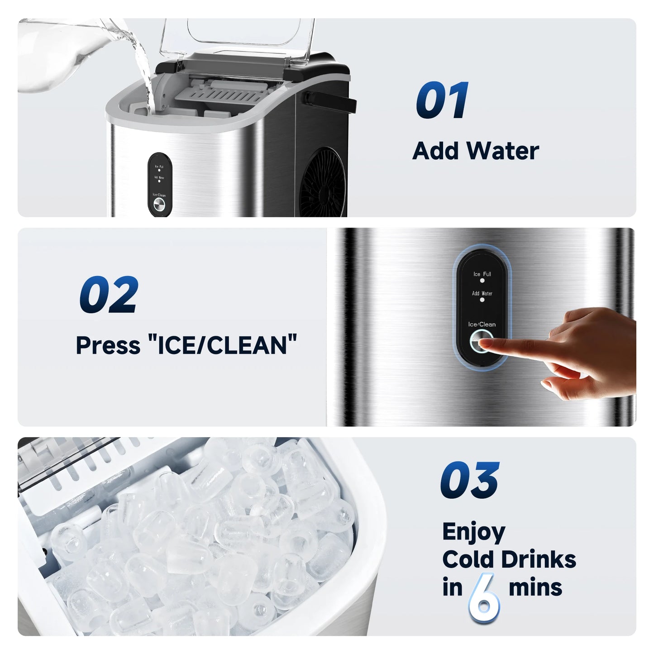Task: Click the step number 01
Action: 442,100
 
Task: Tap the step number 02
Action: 109,295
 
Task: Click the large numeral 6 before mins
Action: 484,596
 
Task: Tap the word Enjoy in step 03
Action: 473,532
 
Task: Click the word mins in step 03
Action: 535,587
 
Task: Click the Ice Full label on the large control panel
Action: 482,274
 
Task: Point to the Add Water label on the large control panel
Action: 482,293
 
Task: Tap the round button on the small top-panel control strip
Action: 159,205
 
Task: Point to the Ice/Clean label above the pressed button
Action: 482,324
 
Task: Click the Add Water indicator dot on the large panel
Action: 482,300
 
